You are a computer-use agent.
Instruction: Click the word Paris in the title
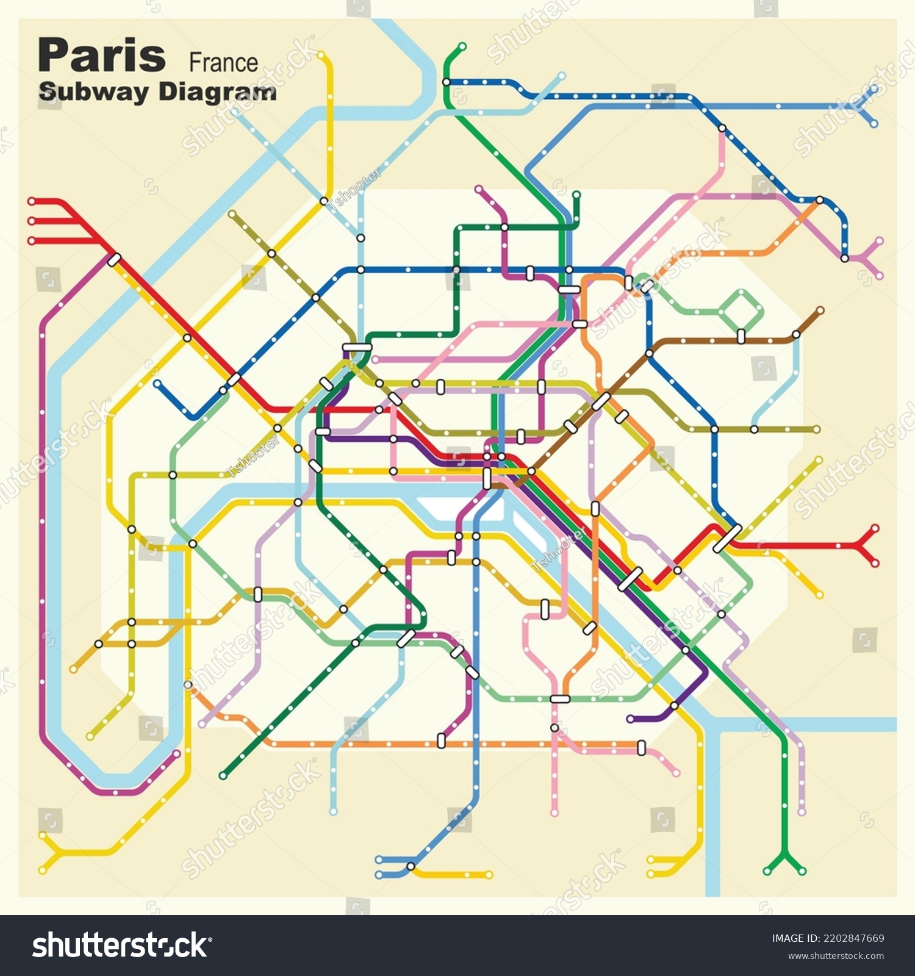(x=101, y=56)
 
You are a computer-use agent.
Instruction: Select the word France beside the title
(x=223, y=63)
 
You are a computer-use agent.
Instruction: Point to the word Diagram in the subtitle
(x=217, y=92)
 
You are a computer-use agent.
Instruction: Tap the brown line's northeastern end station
(x=820, y=310)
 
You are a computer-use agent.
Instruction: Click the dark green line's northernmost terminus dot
(x=462, y=46)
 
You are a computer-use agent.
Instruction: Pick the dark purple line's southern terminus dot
(x=630, y=719)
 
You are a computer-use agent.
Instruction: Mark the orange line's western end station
(x=188, y=685)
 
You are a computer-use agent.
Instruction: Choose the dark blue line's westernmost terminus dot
(x=157, y=384)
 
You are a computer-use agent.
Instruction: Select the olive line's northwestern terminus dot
(x=232, y=213)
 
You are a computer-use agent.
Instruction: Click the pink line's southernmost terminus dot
(x=554, y=813)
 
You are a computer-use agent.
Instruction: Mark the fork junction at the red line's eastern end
(x=860, y=545)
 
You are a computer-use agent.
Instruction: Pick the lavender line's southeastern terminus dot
(x=802, y=812)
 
